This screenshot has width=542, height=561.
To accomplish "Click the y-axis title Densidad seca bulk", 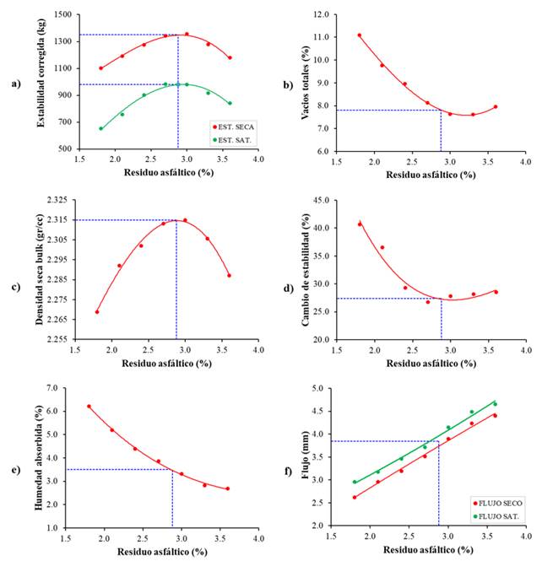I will click(40, 269).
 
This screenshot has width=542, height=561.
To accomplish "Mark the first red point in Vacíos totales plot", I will click(359, 35).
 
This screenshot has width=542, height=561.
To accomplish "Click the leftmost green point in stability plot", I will click(101, 128).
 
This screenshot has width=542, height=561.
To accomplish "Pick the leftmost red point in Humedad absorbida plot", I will click(89, 407).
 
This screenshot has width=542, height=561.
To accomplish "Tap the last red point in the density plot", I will click(229, 275).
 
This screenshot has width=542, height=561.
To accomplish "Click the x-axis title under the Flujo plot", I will click(426, 551).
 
